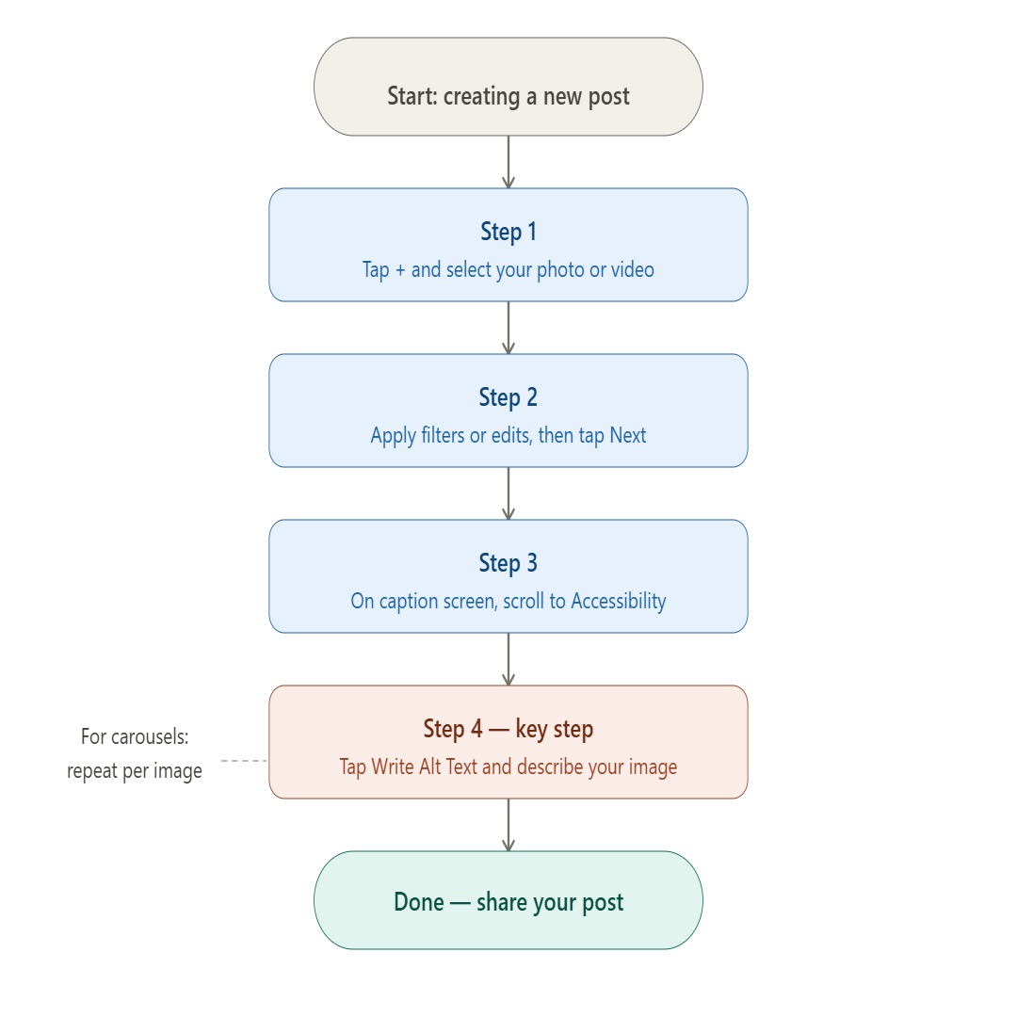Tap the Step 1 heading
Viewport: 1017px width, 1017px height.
(x=508, y=232)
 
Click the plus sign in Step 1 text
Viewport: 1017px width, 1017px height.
(x=399, y=270)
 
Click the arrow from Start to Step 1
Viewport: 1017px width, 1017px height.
(x=508, y=162)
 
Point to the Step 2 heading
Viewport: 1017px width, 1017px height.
(x=508, y=397)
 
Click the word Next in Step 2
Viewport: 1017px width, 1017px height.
(x=628, y=436)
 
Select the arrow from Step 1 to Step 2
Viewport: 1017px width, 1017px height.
(x=508, y=328)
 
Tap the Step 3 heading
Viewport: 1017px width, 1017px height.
(x=508, y=563)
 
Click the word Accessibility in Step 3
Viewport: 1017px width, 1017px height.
(x=619, y=602)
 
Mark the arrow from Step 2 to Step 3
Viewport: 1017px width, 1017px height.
(x=508, y=493)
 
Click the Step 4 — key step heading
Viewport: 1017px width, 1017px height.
(x=508, y=729)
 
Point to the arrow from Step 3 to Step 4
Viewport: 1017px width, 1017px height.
(x=508, y=659)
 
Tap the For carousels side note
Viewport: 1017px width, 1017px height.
(x=135, y=754)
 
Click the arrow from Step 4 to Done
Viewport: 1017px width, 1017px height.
(x=508, y=825)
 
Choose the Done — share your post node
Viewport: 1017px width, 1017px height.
(x=508, y=901)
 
